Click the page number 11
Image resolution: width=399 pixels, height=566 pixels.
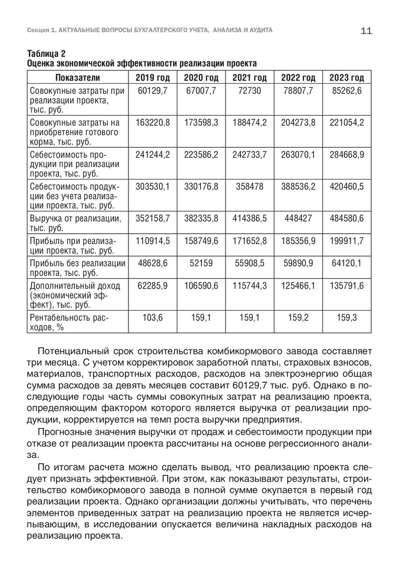click(x=366, y=31)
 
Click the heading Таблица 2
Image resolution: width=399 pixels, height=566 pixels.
click(x=47, y=54)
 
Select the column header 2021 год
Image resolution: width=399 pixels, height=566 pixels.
click(x=250, y=78)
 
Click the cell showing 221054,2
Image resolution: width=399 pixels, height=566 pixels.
click(x=347, y=123)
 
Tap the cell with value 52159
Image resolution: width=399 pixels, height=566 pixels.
click(x=201, y=263)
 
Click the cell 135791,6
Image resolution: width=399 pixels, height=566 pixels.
click(x=347, y=286)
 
